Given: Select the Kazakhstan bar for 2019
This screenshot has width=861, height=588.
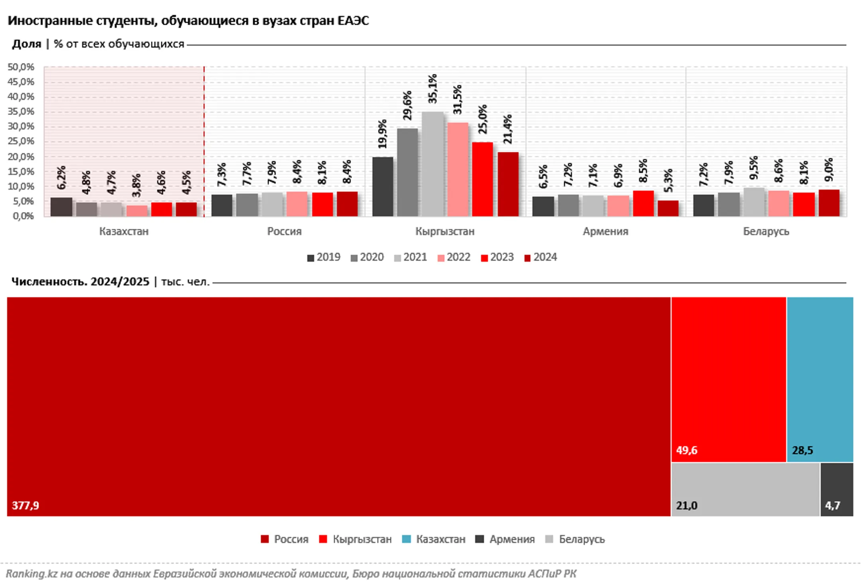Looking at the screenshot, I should (61, 207).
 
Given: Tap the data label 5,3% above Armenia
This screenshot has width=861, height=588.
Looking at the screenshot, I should (668, 180).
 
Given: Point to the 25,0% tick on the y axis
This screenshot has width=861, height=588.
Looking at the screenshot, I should (21, 141).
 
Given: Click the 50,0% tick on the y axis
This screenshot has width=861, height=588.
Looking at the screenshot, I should (21, 67).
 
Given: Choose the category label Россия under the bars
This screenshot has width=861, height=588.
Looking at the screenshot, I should (284, 231).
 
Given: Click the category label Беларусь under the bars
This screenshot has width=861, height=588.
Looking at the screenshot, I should (766, 231).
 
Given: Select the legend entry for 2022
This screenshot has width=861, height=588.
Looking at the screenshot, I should (454, 257).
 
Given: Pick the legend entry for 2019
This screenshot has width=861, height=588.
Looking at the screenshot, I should (324, 257).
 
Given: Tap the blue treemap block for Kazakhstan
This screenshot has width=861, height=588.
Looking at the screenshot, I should (820, 378).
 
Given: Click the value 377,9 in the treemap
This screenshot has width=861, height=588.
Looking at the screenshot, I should (26, 506).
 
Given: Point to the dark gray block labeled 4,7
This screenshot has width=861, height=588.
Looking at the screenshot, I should (837, 489).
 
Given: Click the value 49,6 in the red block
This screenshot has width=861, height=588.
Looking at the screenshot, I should (686, 451).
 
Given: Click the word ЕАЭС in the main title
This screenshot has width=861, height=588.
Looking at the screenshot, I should (353, 21).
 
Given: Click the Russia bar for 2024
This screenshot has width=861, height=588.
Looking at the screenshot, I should (347, 204).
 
